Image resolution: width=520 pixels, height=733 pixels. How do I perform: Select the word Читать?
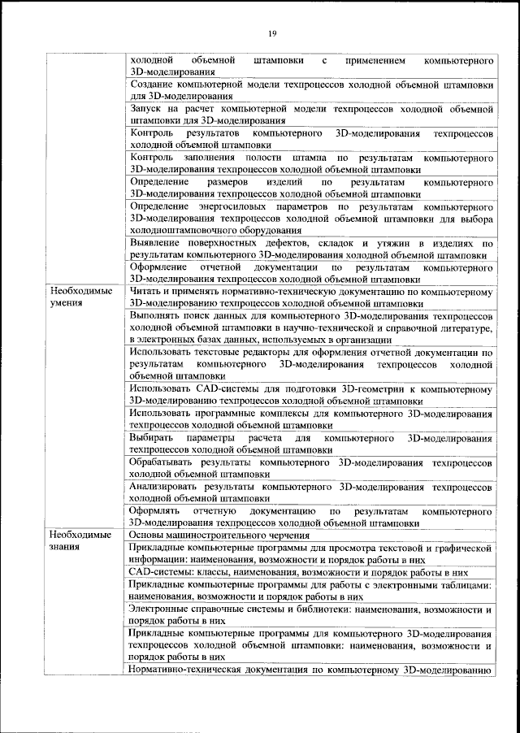point(146,290)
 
